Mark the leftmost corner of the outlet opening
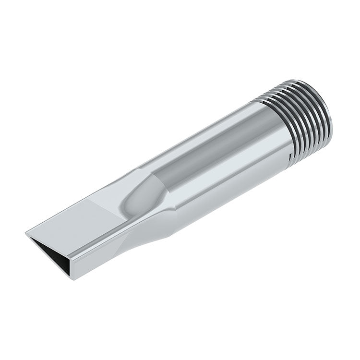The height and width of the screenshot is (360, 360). (26, 234)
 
